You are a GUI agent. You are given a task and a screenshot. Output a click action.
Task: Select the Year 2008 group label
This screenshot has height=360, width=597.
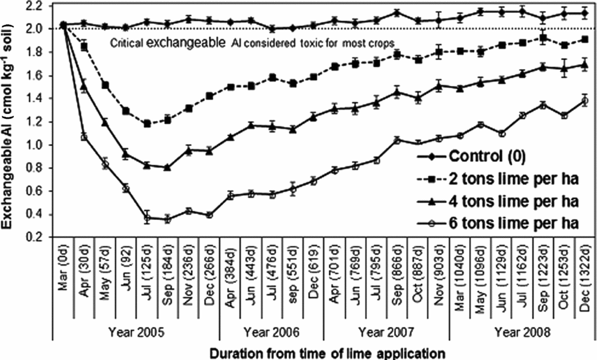click(x=523, y=332)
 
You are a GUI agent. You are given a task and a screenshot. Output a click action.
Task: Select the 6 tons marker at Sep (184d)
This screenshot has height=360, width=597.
click(x=167, y=219)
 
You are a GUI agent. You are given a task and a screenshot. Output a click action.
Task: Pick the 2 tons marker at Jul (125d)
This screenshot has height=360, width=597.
click(x=147, y=123)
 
